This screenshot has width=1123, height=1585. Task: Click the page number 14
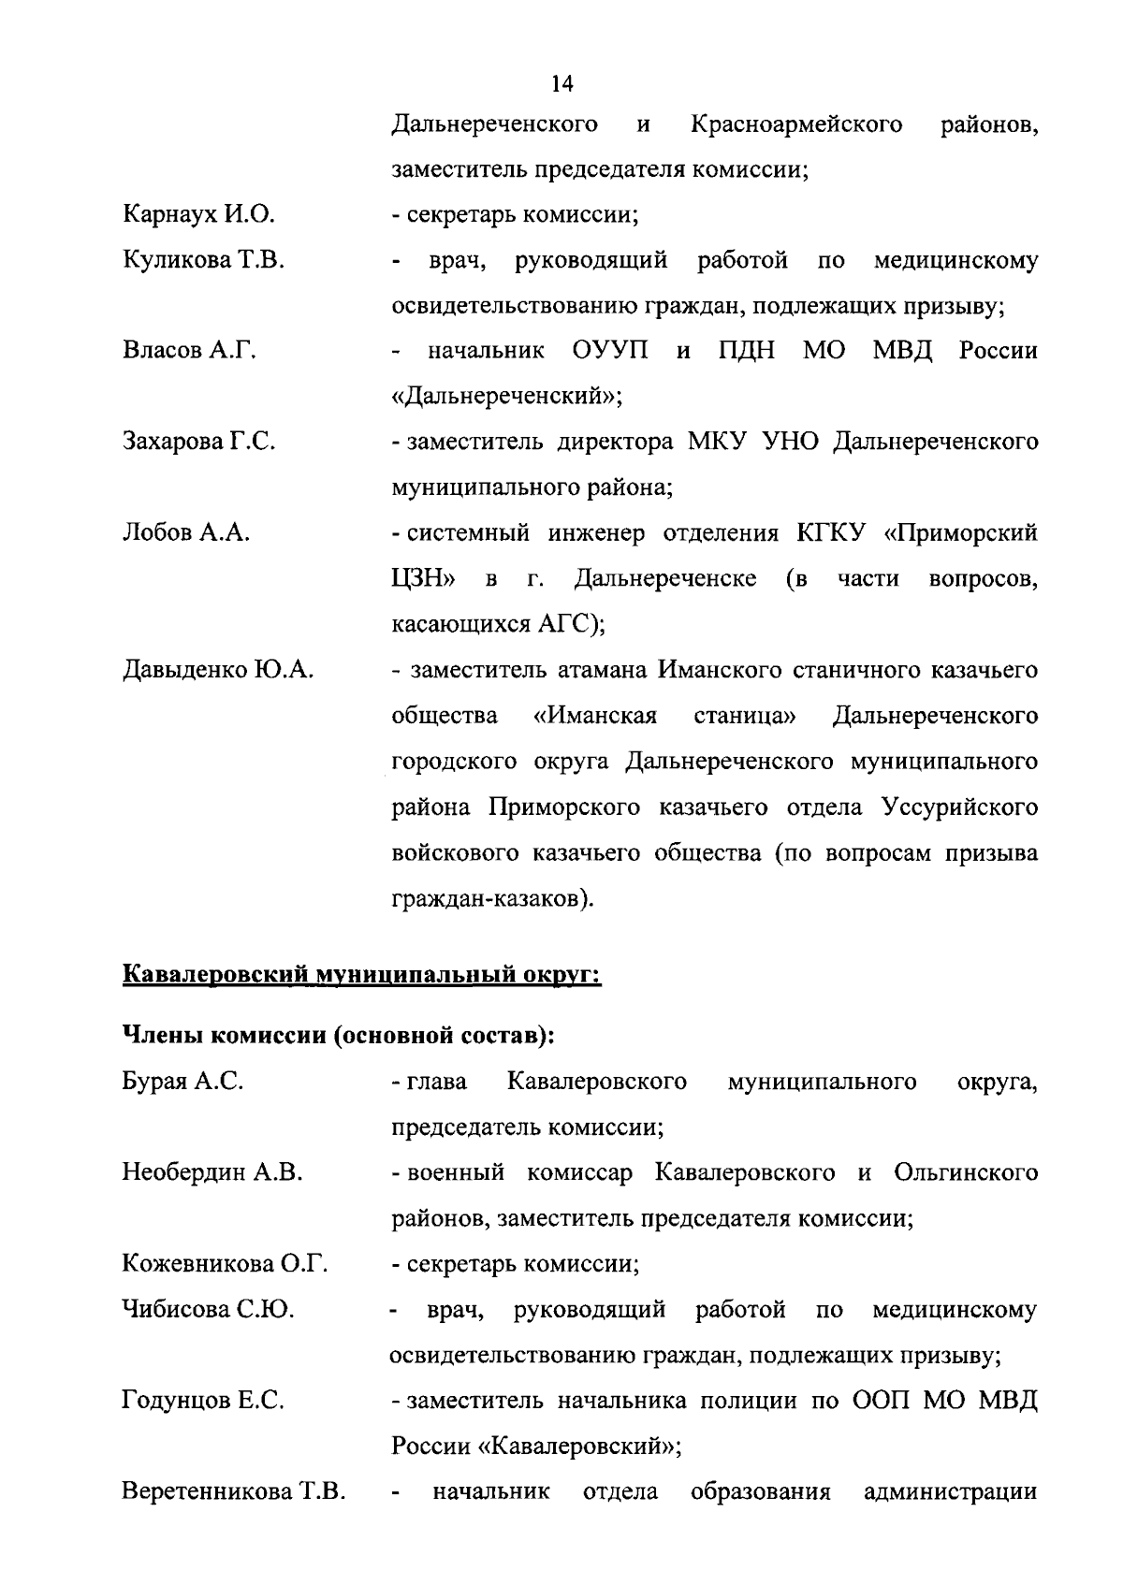(561, 84)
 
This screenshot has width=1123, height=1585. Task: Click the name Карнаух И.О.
(198, 215)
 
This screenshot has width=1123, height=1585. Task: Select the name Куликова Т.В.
(203, 260)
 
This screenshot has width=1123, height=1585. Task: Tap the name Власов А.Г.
(189, 351)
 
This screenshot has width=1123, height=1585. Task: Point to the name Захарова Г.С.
(198, 442)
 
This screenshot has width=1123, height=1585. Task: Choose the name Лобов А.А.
(186, 532)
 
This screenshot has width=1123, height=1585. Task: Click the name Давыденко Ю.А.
(218, 670)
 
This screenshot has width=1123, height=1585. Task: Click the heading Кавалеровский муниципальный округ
(361, 975)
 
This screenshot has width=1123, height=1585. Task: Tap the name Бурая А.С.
(182, 1082)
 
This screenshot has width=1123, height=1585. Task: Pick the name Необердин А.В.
(211, 1172)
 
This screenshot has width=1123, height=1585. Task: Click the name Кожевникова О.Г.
(225, 1264)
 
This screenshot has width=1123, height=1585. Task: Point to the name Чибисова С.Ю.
(208, 1309)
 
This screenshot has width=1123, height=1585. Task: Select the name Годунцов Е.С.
(203, 1401)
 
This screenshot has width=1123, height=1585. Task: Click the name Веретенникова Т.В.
(234, 1491)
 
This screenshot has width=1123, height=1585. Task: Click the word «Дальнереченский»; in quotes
(506, 397)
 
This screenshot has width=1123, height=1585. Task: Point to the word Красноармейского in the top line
(795, 124)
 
